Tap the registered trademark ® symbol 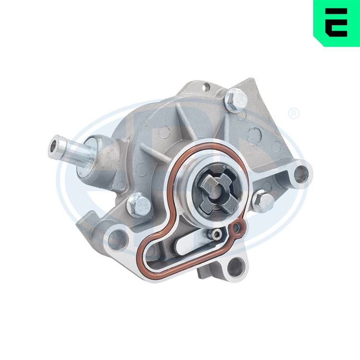pos(293,114)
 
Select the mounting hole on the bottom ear pos(235,268)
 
